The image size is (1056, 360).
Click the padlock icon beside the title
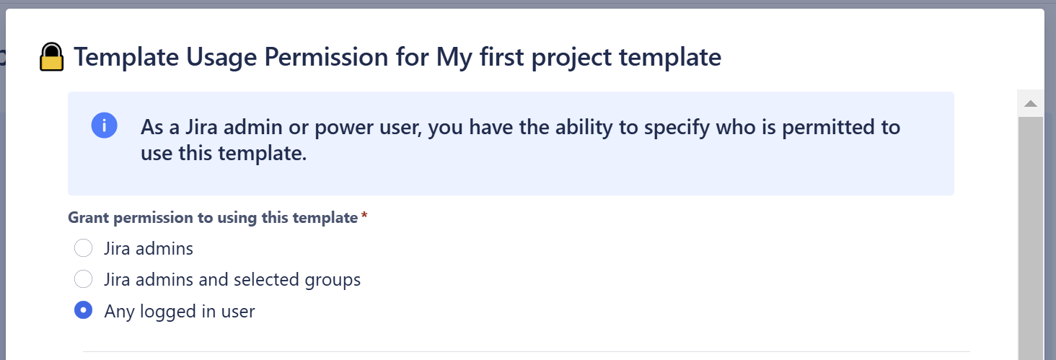pyautogui.click(x=51, y=57)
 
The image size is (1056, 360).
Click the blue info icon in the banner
pyautogui.click(x=104, y=126)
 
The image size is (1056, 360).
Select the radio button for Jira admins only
pyautogui.click(x=84, y=248)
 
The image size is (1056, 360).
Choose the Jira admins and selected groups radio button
pyautogui.click(x=84, y=278)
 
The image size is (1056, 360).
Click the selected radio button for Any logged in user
pyautogui.click(x=84, y=311)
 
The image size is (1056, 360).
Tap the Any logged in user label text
pyautogui.click(x=180, y=312)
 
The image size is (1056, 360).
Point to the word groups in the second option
pyautogui.click(x=333, y=279)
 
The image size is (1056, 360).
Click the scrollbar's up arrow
pyautogui.click(x=1030, y=104)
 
